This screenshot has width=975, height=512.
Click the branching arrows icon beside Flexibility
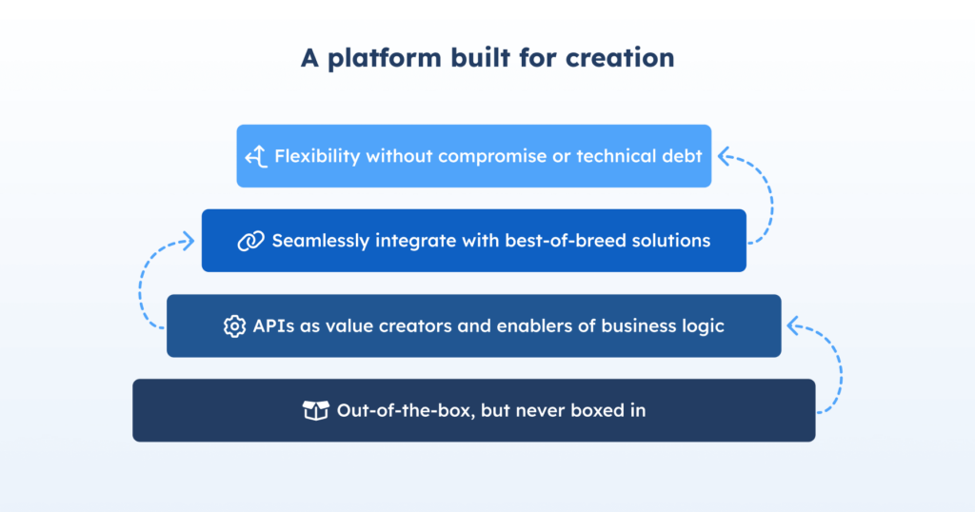click(255, 156)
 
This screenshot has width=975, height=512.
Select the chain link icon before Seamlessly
click(250, 241)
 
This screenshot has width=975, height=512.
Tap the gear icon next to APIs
click(234, 326)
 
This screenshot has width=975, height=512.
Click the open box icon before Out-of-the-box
click(315, 411)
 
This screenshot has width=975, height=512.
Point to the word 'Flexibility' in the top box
click(318, 156)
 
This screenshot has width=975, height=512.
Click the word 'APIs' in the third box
click(272, 326)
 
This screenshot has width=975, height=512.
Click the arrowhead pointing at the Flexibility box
click(722, 154)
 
